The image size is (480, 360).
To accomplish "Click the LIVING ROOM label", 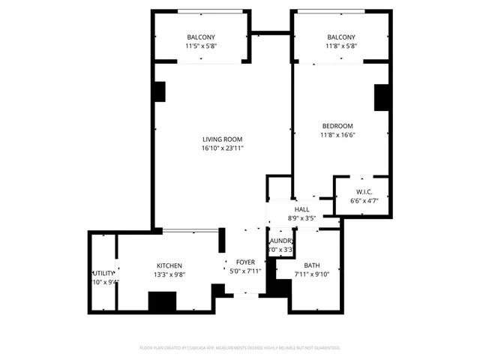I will tap(222, 139).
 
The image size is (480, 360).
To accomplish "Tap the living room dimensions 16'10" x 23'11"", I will tap(222, 148).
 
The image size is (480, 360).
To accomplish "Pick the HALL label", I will tap(301, 209).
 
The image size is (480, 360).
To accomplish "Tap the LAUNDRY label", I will tap(280, 240).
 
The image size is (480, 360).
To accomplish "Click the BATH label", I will tap(311, 265).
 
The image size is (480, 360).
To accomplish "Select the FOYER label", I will tap(245, 262).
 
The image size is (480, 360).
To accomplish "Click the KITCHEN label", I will tap(169, 265).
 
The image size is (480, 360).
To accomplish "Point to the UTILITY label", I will tap(103, 273).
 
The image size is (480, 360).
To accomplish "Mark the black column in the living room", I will tap(159, 91).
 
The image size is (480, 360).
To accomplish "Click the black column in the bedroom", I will tap(381, 97).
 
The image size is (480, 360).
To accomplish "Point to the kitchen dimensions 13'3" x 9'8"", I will tap(169, 275).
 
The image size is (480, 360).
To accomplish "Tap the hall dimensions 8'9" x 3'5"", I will tap(301, 218).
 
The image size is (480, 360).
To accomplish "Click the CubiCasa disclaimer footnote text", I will tap(240, 348).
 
